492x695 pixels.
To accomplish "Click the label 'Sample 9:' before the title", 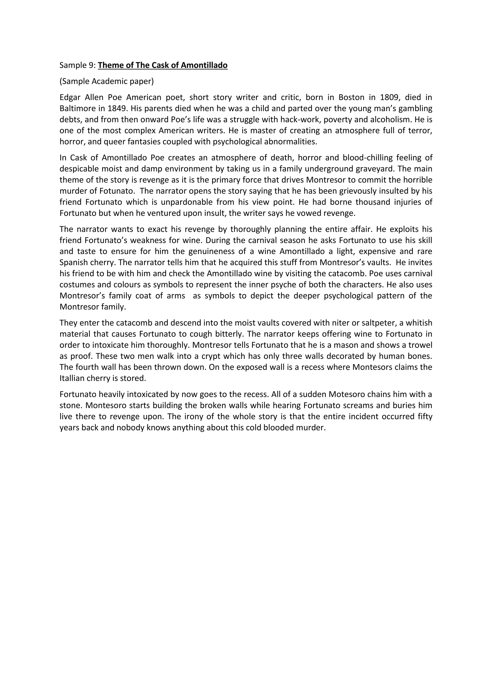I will (78, 65).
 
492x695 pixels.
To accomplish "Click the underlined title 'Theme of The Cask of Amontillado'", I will (163, 65).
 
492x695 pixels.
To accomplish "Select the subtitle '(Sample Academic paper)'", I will (107, 81).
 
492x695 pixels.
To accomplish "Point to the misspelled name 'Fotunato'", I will (117, 191).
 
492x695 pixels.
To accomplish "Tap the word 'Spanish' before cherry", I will (74, 263).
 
